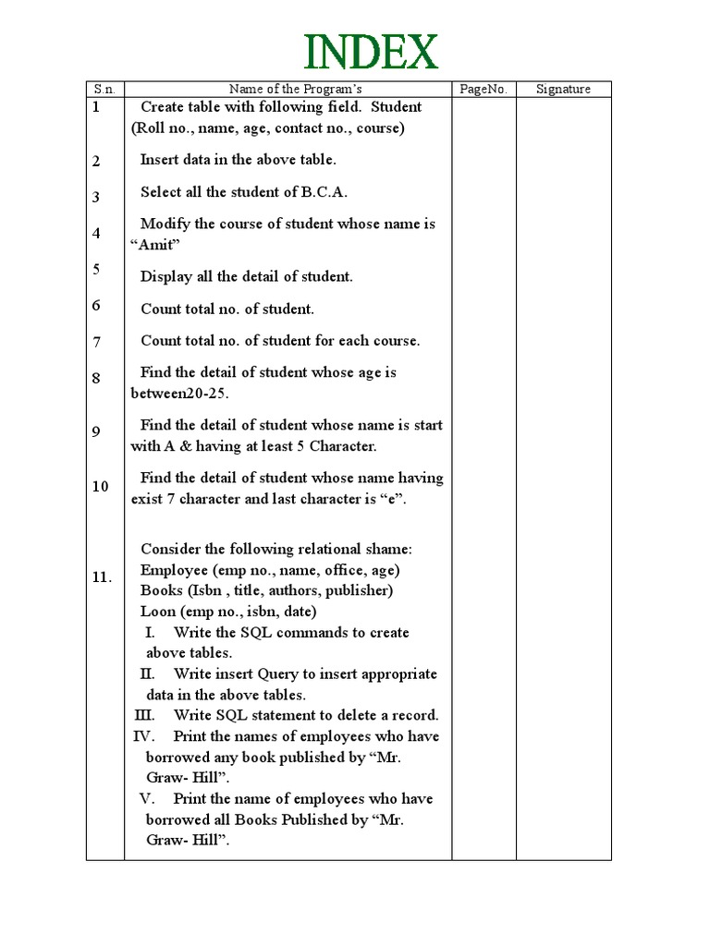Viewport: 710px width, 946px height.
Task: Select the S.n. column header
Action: point(104,89)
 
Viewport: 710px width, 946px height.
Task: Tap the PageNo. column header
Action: point(483,89)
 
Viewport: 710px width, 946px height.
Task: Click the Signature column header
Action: point(563,89)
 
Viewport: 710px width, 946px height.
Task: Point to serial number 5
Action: point(96,269)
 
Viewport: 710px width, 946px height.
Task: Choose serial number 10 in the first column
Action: point(100,486)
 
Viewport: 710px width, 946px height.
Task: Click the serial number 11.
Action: point(102,577)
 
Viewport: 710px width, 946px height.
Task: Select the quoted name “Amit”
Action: point(154,245)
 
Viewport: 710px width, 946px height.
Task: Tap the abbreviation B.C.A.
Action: point(324,192)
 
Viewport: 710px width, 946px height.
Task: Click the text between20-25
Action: point(178,394)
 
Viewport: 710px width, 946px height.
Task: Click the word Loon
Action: point(158,612)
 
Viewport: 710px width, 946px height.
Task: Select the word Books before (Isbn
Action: point(162,590)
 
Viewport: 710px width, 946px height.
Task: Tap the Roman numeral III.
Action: point(145,716)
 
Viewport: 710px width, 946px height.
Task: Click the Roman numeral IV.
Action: point(143,736)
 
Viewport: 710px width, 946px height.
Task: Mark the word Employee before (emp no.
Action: point(175,570)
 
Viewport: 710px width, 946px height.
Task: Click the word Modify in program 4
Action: point(165,224)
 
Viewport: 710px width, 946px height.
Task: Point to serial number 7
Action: point(96,342)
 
